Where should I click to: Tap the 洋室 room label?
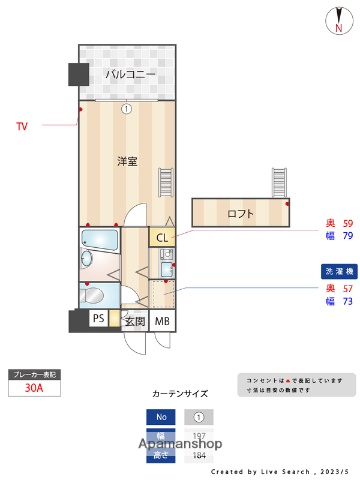coord(127,160)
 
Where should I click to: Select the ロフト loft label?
coord(240,213)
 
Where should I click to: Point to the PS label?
coord(99,319)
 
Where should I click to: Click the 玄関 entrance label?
coord(135,321)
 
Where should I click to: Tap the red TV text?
coord(22,126)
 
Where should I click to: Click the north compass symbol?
coord(337,20)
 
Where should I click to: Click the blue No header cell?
coord(159,417)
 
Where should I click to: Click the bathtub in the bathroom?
coord(100,240)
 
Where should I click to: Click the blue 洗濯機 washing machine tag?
coord(337,272)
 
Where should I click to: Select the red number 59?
coord(347,223)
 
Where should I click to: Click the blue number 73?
coord(347,301)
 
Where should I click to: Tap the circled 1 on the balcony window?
coord(127,109)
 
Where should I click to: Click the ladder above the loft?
coord(279,183)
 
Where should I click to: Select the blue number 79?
coord(347,237)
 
